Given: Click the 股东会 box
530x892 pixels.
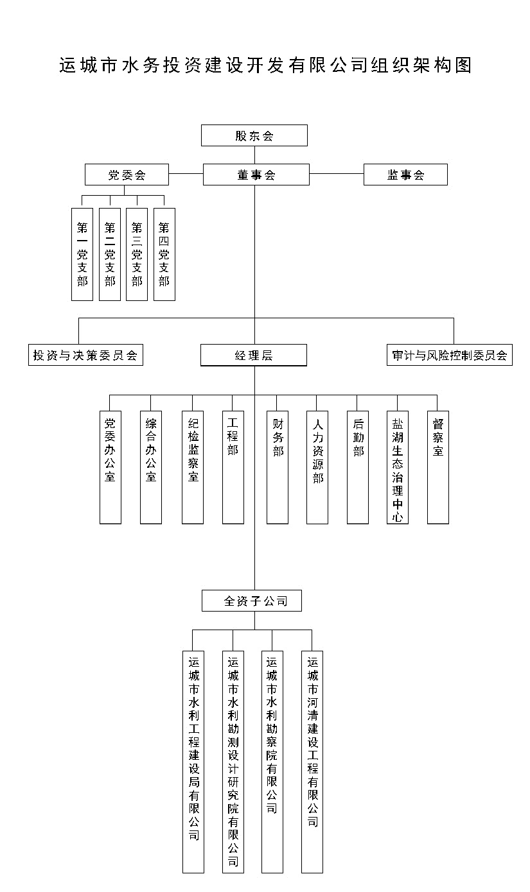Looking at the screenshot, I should coord(254,135).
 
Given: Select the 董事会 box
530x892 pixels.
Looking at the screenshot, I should coord(256,175).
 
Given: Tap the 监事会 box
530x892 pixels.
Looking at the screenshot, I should coord(405,175).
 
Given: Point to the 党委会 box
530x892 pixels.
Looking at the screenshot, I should coord(127,175).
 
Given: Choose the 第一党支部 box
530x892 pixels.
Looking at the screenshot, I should coord(82,254).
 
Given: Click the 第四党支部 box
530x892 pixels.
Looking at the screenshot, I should coord(164,254).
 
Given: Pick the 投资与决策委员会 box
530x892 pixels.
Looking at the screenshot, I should coord(85,355).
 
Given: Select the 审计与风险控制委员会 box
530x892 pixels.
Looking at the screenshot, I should coord(449,355).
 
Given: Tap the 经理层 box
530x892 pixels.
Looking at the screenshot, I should coord(253,355).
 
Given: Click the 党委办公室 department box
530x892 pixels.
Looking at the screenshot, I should coord(110,467).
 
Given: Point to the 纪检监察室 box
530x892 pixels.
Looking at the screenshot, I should coord(193,467).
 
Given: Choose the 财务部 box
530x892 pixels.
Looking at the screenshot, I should coord(278,467).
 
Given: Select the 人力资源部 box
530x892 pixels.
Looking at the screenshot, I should coord(317,467).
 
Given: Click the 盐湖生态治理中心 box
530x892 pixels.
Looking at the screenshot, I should coord(398,467).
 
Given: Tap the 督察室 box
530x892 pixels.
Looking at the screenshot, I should coord(437,467).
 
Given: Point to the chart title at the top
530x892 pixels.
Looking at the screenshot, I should coord(265,65).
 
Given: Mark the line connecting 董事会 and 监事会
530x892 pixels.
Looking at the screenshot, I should coord(336,174).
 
